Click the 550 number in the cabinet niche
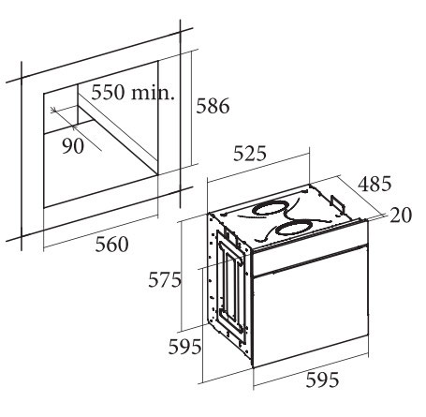pyautogui.click(x=108, y=92)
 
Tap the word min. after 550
pyautogui.click(x=152, y=92)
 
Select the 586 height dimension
pyautogui.click(x=213, y=106)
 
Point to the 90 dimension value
pyautogui.click(x=73, y=145)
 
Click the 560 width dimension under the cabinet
pyautogui.click(x=111, y=245)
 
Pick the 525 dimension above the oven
pyautogui.click(x=250, y=154)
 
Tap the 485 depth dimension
pyautogui.click(x=375, y=184)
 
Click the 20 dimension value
pyautogui.click(x=401, y=216)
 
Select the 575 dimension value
pyautogui.click(x=165, y=279)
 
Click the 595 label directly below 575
pyautogui.click(x=184, y=347)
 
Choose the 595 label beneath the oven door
pyautogui.click(x=322, y=380)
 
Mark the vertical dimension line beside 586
pyautogui.click(x=190, y=109)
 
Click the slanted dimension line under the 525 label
pyautogui.click(x=258, y=167)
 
